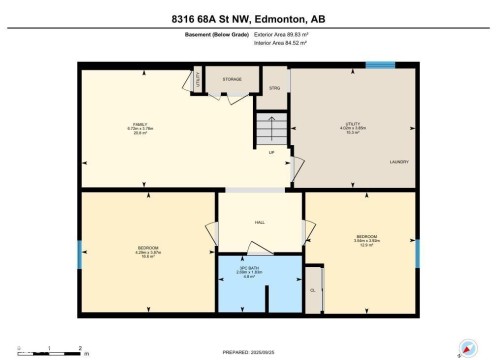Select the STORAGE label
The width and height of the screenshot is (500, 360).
pos(232,78)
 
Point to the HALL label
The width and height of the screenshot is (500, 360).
pos(259,222)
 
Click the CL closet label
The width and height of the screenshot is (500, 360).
pos(313,290)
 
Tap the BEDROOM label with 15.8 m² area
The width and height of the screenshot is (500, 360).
pos(149,249)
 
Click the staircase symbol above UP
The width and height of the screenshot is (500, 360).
pos(270,127)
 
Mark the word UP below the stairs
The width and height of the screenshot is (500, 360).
pos(270,152)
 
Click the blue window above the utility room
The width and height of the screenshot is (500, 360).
pos(380,66)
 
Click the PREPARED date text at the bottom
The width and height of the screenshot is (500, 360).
pos(249,350)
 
